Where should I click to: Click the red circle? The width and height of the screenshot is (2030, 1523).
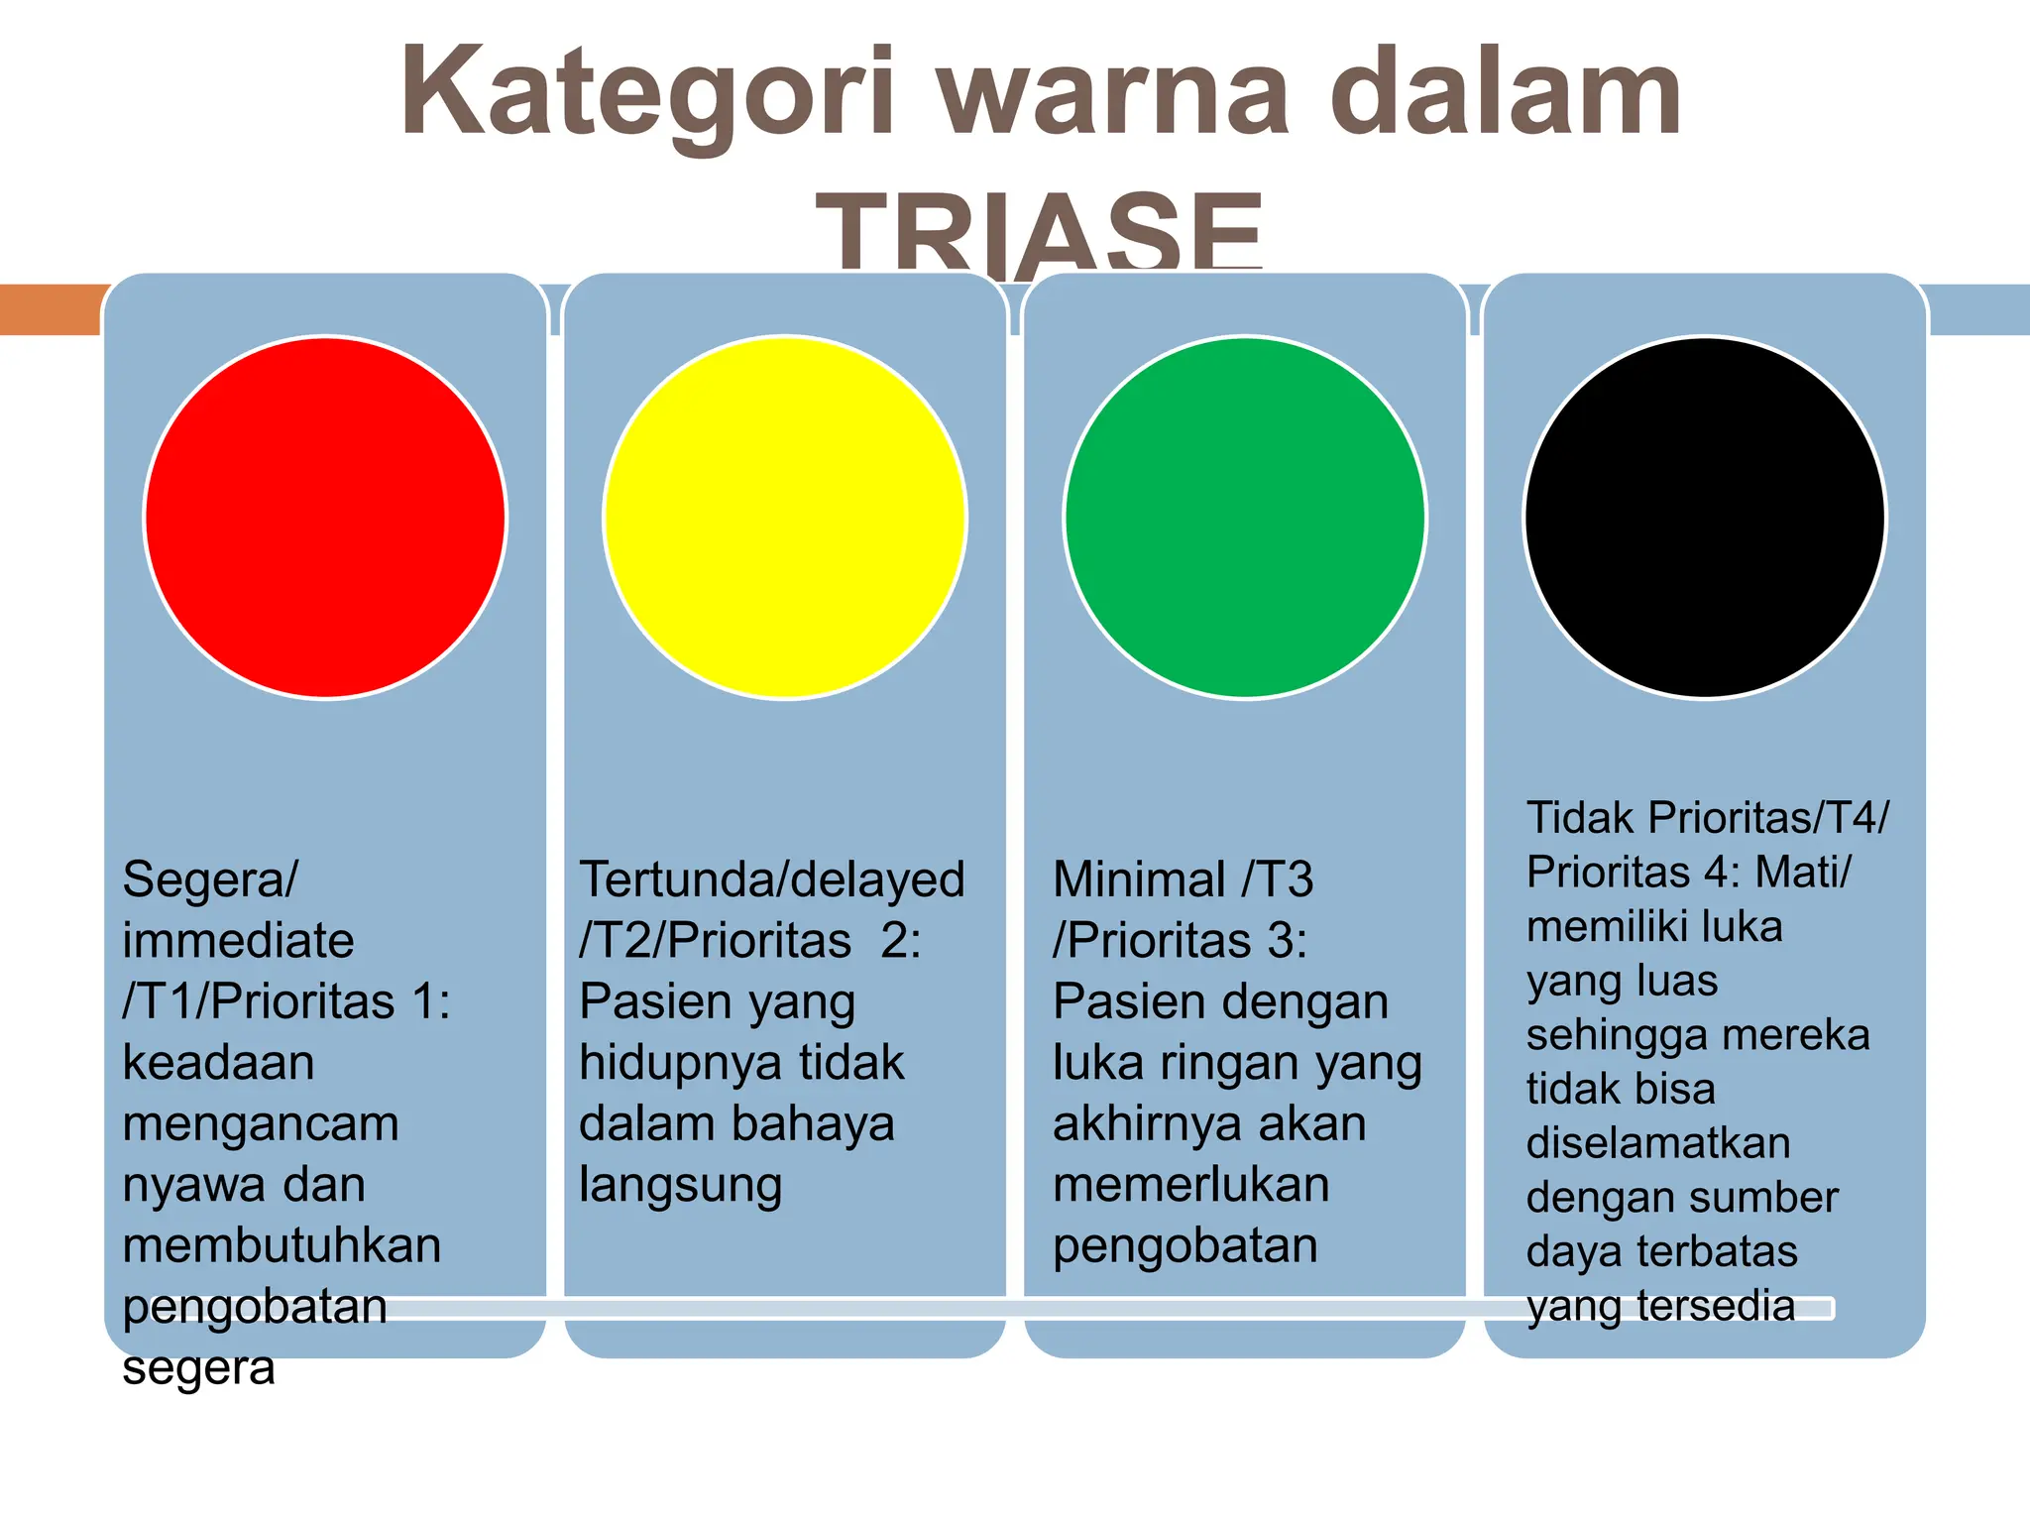[325, 518]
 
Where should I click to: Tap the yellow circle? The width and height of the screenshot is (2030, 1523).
[785, 518]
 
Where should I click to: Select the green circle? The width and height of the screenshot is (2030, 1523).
[1245, 518]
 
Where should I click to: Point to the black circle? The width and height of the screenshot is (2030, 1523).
[1705, 518]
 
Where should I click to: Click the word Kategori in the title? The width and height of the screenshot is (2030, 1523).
[649, 94]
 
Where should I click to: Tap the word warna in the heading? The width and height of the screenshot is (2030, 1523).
[1114, 94]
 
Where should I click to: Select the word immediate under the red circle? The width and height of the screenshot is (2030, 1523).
[238, 940]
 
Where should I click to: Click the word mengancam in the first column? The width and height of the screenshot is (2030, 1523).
[261, 1123]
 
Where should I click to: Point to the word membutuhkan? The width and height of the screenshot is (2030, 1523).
[282, 1245]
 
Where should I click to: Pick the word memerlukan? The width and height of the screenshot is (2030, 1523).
[1190, 1185]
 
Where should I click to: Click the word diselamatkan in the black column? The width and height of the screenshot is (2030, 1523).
[1658, 1143]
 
